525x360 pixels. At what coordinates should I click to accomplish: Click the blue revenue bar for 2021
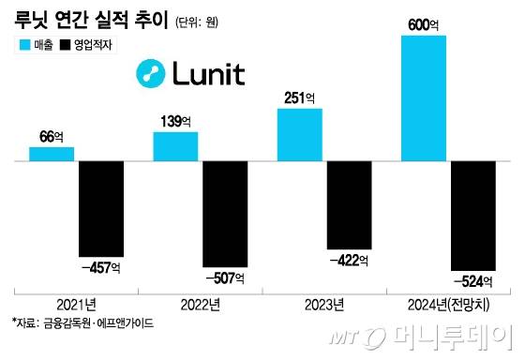(52, 154)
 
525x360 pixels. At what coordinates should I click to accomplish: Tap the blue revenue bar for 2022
(175, 146)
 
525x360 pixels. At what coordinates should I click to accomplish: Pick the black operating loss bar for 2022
(225, 214)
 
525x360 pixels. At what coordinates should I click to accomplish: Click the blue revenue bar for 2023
(300, 135)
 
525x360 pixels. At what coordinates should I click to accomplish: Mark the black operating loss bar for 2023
(349, 204)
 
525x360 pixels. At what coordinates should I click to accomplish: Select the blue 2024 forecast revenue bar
(424, 98)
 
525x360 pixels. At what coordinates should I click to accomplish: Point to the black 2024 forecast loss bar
(473, 215)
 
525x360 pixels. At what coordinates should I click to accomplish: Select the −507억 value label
(225, 277)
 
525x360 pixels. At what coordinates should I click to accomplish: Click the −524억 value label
(473, 279)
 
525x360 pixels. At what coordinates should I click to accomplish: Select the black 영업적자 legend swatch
(66, 44)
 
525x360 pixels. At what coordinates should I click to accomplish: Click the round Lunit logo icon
(150, 72)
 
